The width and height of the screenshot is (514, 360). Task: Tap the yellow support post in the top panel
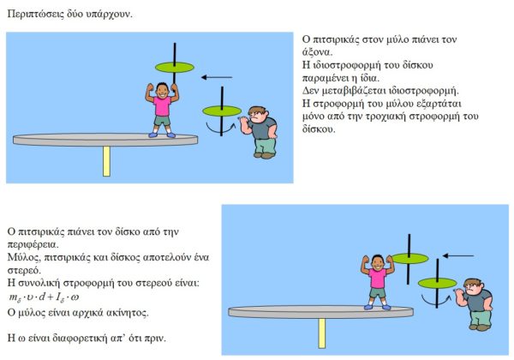point(106,161)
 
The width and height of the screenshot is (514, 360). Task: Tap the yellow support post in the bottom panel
point(322,333)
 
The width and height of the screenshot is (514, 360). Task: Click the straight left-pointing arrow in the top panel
point(217,77)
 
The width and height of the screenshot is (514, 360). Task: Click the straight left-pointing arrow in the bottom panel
point(458,255)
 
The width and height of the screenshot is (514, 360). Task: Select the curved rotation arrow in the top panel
point(220,131)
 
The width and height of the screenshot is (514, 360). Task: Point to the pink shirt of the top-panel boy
point(162,106)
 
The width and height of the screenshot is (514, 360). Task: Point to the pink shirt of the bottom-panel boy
point(377,278)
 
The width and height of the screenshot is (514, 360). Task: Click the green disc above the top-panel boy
point(175,67)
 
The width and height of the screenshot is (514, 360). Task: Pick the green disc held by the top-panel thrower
point(222,111)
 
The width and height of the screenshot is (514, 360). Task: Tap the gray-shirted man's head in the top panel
point(257,114)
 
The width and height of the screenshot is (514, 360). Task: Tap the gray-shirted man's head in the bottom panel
point(472,287)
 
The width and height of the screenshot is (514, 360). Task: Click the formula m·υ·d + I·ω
point(44,297)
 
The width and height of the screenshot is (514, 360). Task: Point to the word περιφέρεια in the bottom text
point(33,244)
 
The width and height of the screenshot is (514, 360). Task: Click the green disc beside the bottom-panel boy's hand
point(409,258)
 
